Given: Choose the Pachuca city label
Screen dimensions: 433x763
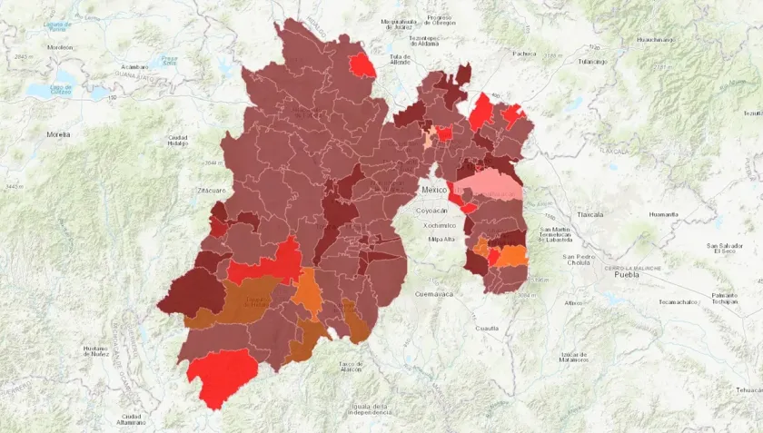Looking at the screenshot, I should click(x=525, y=54).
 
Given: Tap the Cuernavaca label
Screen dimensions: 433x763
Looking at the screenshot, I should click(x=432, y=294).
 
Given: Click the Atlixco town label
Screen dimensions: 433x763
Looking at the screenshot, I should click(x=572, y=302).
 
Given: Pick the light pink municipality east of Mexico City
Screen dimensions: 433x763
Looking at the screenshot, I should click(x=490, y=188).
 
